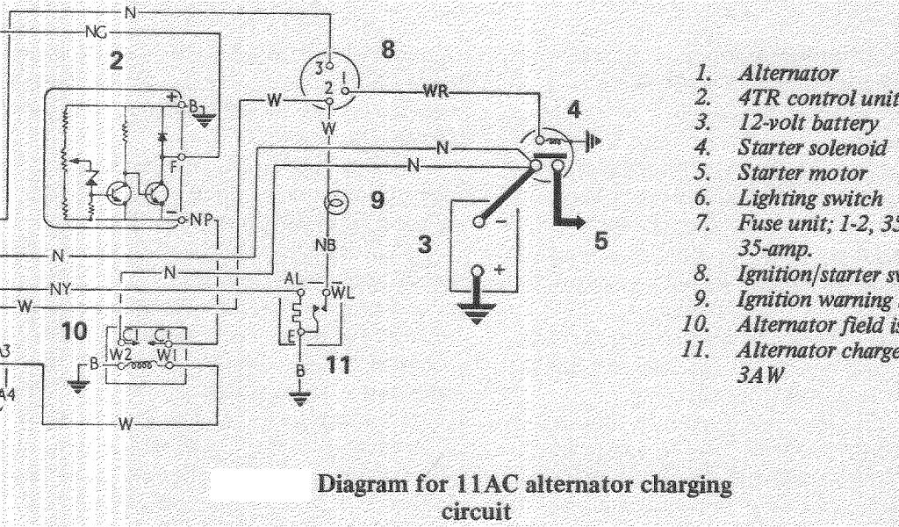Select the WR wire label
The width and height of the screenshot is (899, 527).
[x=436, y=91]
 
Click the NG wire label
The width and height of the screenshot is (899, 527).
[x=96, y=33]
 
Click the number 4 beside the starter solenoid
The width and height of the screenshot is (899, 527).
[x=573, y=110]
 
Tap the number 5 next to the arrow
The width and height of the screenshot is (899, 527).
[x=601, y=240]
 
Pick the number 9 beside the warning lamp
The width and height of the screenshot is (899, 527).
[x=377, y=200]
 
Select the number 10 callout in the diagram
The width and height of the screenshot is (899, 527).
[x=76, y=331]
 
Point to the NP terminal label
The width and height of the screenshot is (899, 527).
[x=200, y=220]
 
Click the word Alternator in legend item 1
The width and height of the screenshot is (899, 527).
[x=788, y=73]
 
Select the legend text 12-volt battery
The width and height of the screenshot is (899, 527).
[x=808, y=123]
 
